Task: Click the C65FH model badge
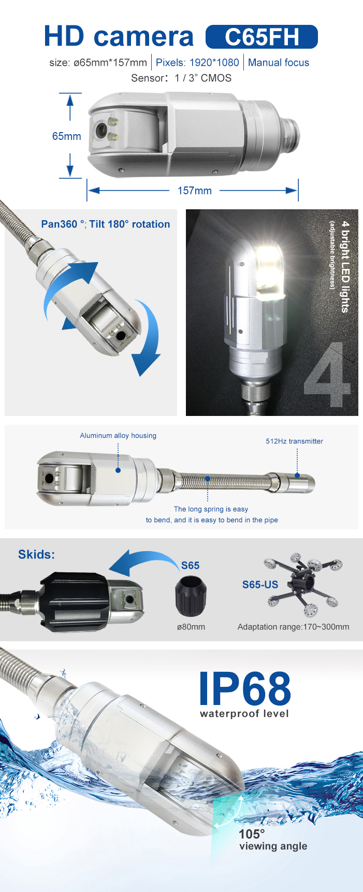click(x=262, y=37)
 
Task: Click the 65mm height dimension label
click(x=67, y=136)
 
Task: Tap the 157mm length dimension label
click(x=195, y=191)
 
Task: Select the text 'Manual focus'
click(x=279, y=63)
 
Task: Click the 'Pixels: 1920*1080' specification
click(x=197, y=63)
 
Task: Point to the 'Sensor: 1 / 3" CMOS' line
click(x=181, y=78)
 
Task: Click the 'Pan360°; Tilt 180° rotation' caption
click(x=106, y=224)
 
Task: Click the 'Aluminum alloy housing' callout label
click(x=118, y=436)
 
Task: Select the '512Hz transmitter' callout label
click(x=295, y=441)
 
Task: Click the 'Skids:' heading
click(x=36, y=554)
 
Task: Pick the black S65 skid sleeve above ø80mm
click(x=191, y=595)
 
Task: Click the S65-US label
click(x=260, y=584)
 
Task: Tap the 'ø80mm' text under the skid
click(x=191, y=627)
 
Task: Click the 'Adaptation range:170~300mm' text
click(x=293, y=627)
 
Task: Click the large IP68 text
click(x=245, y=688)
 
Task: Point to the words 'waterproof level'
click(x=244, y=714)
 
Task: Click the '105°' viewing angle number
click(x=252, y=834)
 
